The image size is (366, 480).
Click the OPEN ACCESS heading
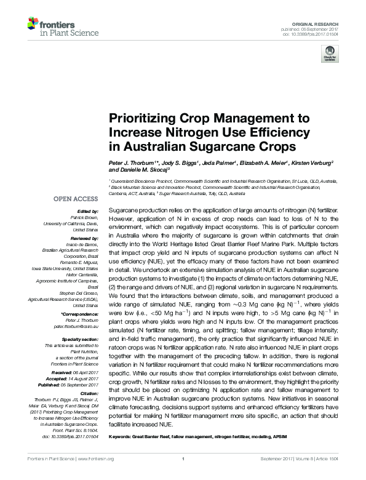pos(75,199)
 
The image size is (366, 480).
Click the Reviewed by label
pos(84,238)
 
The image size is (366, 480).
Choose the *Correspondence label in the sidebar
pos(80,314)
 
